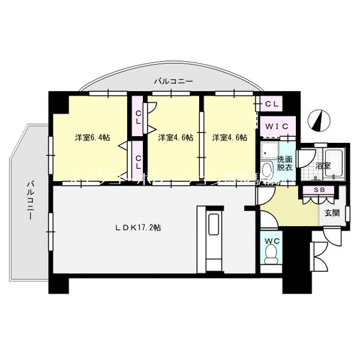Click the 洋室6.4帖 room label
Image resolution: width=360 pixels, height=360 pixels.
pos(92,137)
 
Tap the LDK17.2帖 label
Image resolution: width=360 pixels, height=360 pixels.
pos(142,227)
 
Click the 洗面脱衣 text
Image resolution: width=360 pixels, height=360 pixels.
pos(284,164)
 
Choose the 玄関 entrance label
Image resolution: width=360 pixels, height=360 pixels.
pos(332,212)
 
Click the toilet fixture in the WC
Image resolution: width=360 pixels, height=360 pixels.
pos(271,257)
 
